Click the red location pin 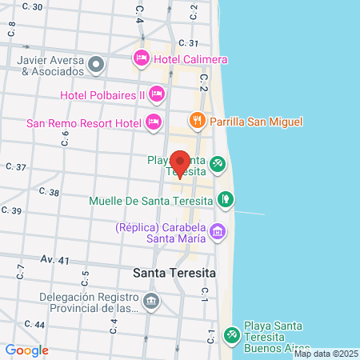[x=180, y=162]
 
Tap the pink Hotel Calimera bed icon [x=142, y=58]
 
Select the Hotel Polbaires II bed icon [x=157, y=94]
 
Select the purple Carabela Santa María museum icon [x=217, y=233]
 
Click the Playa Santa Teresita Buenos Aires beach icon [x=232, y=334]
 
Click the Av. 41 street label [x=54, y=260]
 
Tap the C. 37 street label [x=16, y=167]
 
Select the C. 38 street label [x=49, y=192]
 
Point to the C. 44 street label [x=34, y=324]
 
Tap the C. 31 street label [x=189, y=42]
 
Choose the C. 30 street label [x=33, y=6]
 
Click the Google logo [x=26, y=350]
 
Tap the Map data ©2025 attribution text [x=326, y=354]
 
